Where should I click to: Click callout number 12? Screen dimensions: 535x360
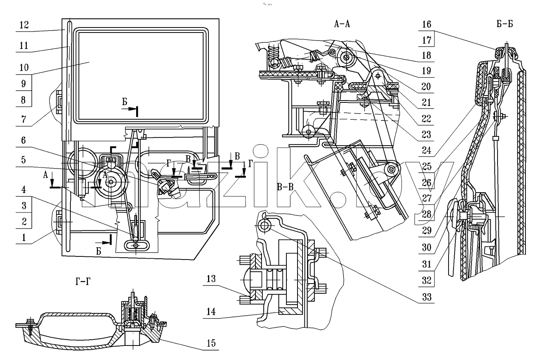point(24,25)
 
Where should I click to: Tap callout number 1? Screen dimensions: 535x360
point(24,238)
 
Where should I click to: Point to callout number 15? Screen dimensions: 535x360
point(211,343)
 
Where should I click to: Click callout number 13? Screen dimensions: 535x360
point(211,279)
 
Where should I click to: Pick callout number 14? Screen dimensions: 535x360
point(211,311)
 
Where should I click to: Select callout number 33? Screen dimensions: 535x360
point(427,297)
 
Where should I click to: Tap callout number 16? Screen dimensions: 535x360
point(427,24)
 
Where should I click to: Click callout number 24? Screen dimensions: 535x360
point(426,151)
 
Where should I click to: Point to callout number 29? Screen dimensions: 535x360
point(426,230)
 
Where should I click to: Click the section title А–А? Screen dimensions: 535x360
point(342,24)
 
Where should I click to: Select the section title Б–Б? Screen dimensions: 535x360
point(505,24)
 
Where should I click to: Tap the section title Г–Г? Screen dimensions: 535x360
point(83,282)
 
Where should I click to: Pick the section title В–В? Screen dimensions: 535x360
point(285,187)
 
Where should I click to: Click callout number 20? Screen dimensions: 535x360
point(426,87)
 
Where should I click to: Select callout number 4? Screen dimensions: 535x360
point(23,190)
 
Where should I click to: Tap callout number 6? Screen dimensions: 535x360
point(23,140)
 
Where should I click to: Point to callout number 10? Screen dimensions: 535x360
point(24,68)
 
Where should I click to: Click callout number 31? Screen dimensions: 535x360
point(426,264)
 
